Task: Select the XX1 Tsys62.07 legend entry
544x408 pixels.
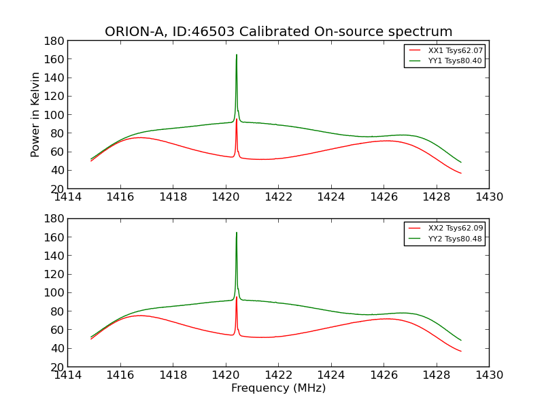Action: click(455, 50)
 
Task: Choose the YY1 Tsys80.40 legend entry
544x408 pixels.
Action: click(455, 61)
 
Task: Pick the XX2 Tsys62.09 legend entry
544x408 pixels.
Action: click(455, 228)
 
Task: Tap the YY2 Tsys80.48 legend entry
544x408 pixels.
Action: click(455, 239)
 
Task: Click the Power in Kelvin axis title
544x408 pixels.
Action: click(35, 114)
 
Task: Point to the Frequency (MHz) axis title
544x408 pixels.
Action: click(278, 388)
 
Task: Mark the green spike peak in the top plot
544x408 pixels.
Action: click(237, 55)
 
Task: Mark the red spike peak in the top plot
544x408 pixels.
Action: click(237, 119)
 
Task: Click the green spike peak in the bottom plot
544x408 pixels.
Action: click(237, 233)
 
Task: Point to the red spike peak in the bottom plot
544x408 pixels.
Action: click(237, 297)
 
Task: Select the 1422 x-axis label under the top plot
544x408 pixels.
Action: click(278, 197)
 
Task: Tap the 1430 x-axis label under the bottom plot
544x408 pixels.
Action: click(489, 375)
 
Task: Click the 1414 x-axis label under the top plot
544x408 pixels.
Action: click(68, 197)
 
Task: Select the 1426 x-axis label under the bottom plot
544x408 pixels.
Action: click(384, 375)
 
